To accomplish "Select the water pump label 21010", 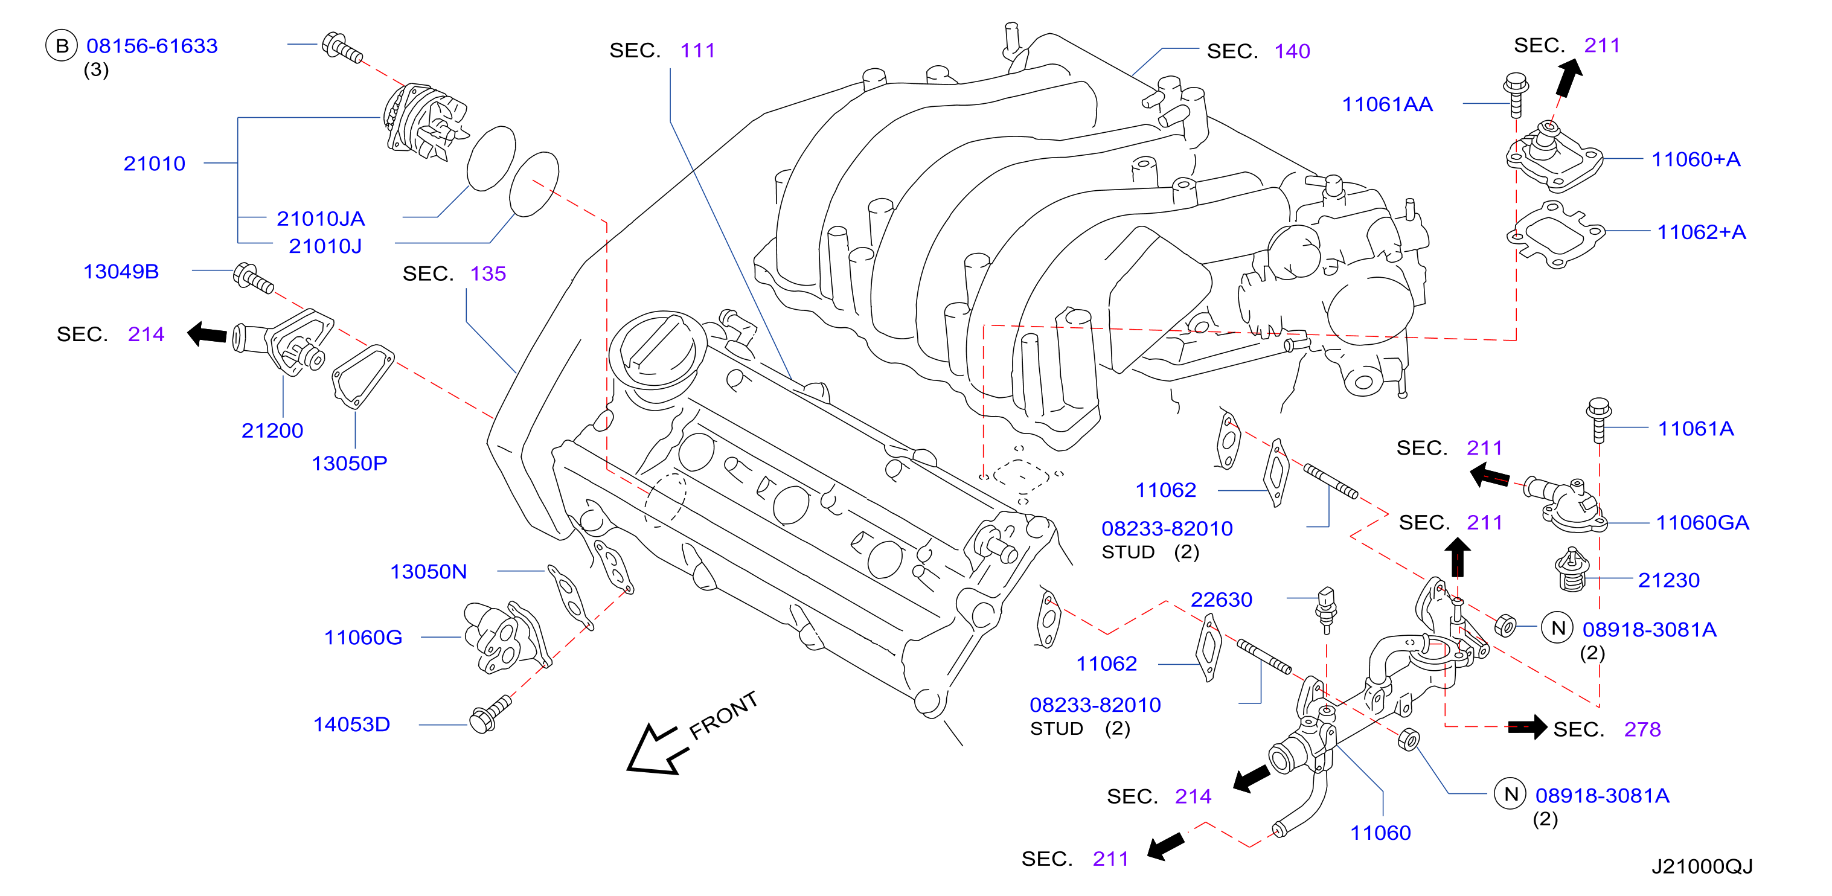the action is point(155,164).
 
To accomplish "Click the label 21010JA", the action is point(321,219).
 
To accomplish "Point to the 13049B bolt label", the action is point(121,271).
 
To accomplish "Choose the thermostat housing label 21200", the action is point(272,430).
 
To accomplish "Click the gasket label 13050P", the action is point(349,463).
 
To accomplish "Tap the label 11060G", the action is point(364,637).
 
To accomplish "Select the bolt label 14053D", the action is point(352,724).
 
